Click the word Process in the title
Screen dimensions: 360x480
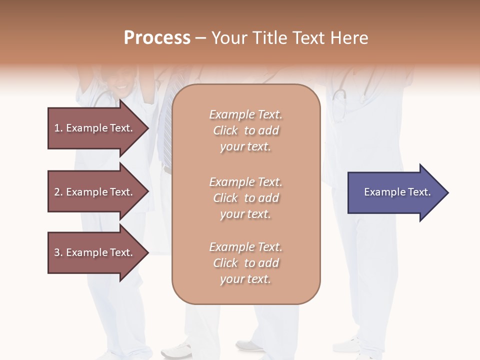[x=157, y=38]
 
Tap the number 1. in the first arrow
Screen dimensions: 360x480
[x=58, y=128]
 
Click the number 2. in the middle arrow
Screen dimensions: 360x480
[x=58, y=192]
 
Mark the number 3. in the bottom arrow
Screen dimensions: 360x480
[x=58, y=252]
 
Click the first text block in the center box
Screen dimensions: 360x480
[x=245, y=130]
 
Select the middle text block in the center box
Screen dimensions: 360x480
[x=245, y=198]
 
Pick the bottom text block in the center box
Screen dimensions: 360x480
[x=245, y=263]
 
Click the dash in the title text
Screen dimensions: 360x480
[x=200, y=38]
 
